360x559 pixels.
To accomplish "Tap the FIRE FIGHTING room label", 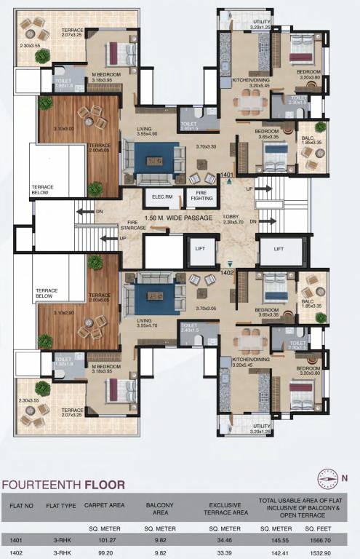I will point(201,197).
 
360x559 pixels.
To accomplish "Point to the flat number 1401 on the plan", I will point(228,175).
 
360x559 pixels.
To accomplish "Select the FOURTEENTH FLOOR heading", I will point(63,484).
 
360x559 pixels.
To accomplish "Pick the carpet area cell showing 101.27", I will point(107,540).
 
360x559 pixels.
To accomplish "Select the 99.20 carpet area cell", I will point(107,552).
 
